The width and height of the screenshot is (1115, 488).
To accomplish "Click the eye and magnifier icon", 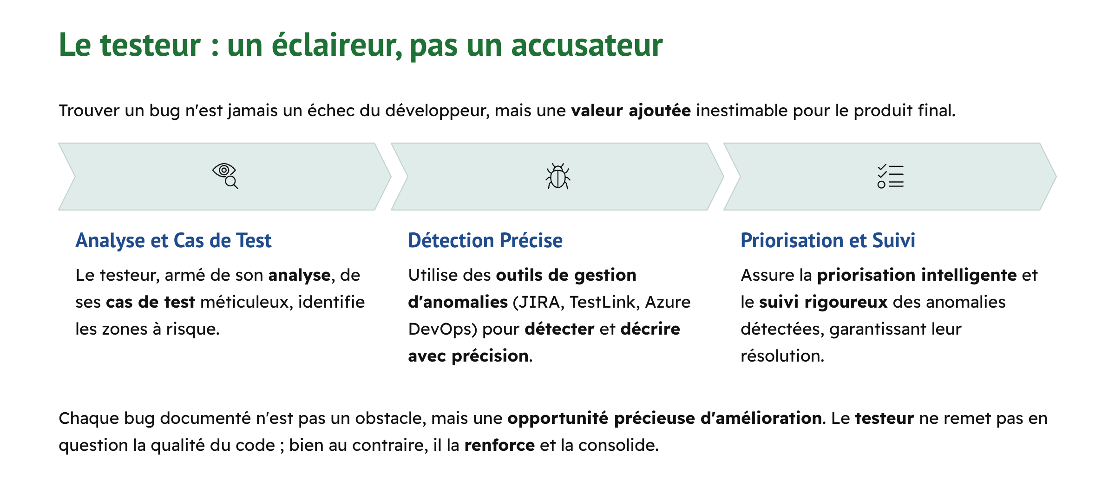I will pyautogui.click(x=225, y=176).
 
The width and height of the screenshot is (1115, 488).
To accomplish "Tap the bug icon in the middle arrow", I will pyautogui.click(x=557, y=176).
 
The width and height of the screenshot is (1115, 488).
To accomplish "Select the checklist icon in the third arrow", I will pyautogui.click(x=890, y=176).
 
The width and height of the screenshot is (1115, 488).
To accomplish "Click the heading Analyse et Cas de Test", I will pyautogui.click(x=173, y=241).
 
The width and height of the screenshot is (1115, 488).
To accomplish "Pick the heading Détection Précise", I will pyautogui.click(x=485, y=241).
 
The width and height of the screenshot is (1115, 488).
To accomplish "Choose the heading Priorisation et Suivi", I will pyautogui.click(x=827, y=241).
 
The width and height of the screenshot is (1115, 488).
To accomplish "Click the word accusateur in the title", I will pyautogui.click(x=587, y=45).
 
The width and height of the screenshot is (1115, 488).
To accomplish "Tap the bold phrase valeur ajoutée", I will pyautogui.click(x=630, y=111).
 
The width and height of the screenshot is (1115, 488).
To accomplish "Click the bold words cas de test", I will pyautogui.click(x=151, y=302).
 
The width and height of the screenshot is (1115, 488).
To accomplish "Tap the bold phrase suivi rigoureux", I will pyautogui.click(x=823, y=302).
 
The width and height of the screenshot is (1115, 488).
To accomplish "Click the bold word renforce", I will pyautogui.click(x=499, y=445).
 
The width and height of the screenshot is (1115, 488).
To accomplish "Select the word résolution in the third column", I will pyautogui.click(x=782, y=356).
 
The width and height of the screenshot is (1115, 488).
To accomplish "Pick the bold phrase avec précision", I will pyautogui.click(x=468, y=356).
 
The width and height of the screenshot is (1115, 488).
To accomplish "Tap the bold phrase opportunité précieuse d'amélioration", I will pyautogui.click(x=664, y=418).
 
